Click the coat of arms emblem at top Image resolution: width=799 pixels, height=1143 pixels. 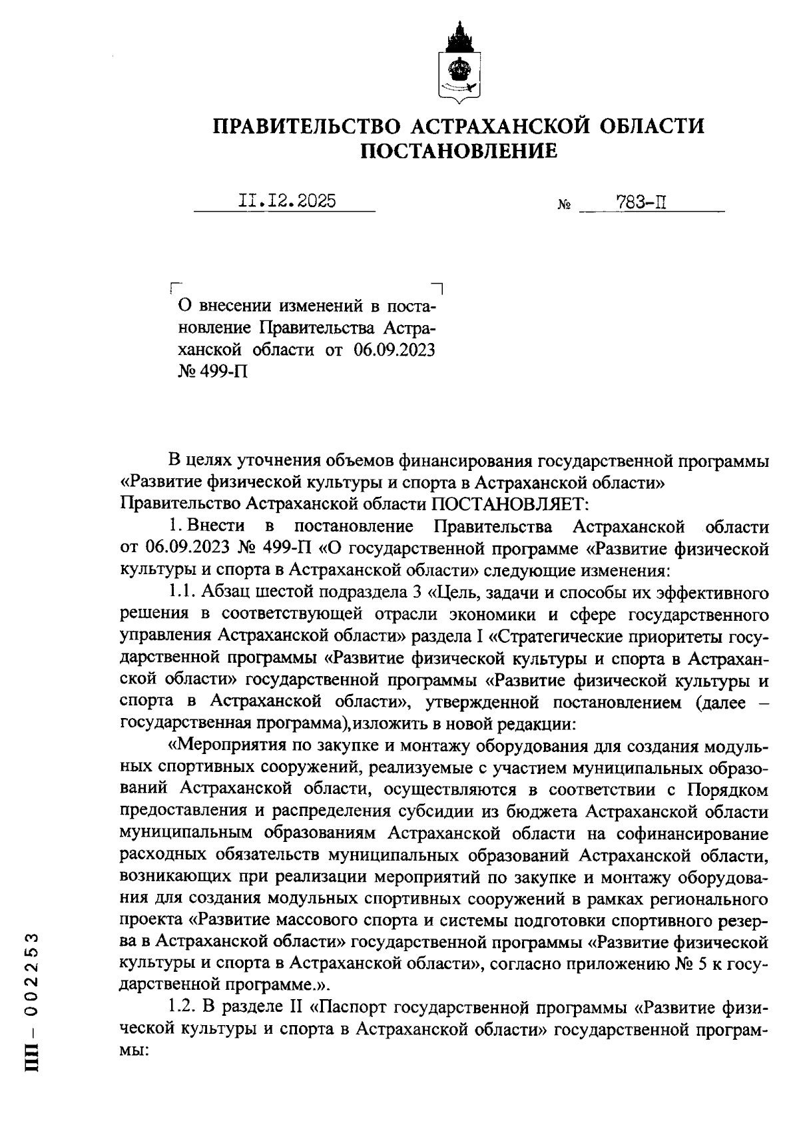[x=457, y=63]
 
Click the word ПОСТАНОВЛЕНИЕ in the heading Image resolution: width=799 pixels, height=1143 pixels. [x=458, y=153]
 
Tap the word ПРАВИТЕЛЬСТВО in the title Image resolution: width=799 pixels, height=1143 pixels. [x=306, y=125]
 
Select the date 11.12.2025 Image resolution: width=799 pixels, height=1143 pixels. [x=287, y=200]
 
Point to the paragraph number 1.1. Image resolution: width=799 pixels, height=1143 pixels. [x=180, y=592]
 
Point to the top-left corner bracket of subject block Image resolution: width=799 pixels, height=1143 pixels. [x=174, y=288]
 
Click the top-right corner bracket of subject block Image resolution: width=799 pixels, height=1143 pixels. [x=438, y=288]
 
